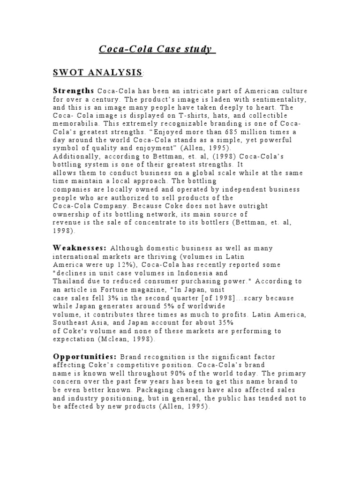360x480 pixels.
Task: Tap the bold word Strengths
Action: [74, 90]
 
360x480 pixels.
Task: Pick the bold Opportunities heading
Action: [85, 356]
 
